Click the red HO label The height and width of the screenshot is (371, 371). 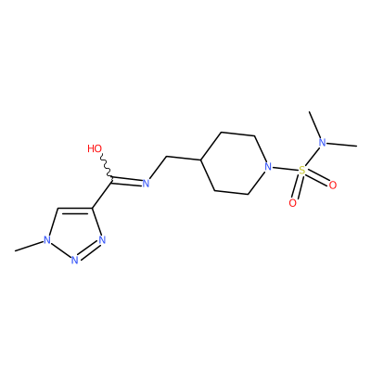tap(95, 148)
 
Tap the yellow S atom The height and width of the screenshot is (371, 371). tap(302, 170)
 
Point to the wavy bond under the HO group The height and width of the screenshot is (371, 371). tap(107, 166)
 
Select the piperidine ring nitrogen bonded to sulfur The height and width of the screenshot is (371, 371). tap(268, 167)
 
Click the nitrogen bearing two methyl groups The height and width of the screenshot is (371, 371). tap(323, 143)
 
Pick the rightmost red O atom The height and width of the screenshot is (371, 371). tap(333, 185)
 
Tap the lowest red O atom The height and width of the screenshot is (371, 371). tap(292, 203)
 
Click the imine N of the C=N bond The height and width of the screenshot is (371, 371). tap(146, 183)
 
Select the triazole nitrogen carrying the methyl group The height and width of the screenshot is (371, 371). tap(47, 240)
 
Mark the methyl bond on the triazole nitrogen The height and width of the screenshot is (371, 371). tap(29, 246)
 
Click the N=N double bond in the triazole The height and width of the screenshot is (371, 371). tap(88, 250)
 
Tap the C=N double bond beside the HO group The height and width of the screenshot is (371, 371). tap(127, 181)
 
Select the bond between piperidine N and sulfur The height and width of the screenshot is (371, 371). tap(285, 169)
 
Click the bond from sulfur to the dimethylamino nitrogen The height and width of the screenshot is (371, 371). tap(312, 157)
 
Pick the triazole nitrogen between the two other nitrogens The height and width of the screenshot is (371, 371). tap(74, 260)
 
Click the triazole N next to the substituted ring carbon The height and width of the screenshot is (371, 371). tap(102, 240)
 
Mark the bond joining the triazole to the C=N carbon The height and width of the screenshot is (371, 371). tap(102, 193)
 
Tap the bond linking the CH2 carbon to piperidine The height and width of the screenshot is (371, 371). tap(184, 159)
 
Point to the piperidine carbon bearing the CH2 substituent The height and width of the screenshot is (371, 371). tap(201, 160)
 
